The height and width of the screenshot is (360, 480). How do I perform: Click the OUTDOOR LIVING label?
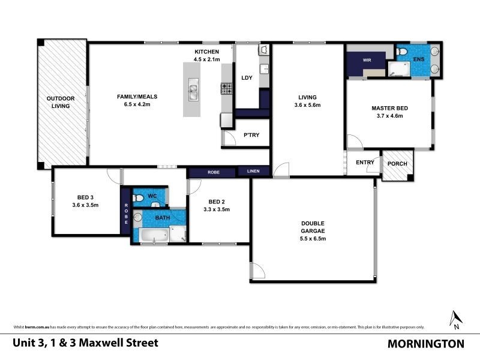pyautogui.click(x=60, y=102)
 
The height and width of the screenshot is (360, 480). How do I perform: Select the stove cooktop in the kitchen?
pyautogui.click(x=227, y=89)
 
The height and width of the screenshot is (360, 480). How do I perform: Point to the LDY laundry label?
pyautogui.click(x=246, y=78)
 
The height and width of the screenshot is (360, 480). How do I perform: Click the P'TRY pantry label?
pyautogui.click(x=251, y=136)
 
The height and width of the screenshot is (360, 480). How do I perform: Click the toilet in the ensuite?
pyautogui.click(x=403, y=54)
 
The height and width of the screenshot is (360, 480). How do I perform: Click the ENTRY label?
pyautogui.click(x=365, y=163)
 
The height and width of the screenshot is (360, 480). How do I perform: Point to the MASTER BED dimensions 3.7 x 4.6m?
pyautogui.click(x=389, y=116)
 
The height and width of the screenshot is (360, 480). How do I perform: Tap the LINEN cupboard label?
pyautogui.click(x=254, y=172)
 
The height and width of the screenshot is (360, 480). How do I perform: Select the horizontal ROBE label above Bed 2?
pyautogui.click(x=213, y=172)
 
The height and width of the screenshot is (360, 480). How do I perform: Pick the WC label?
pyautogui.click(x=152, y=196)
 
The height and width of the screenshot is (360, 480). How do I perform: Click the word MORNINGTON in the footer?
pyautogui.click(x=425, y=344)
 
